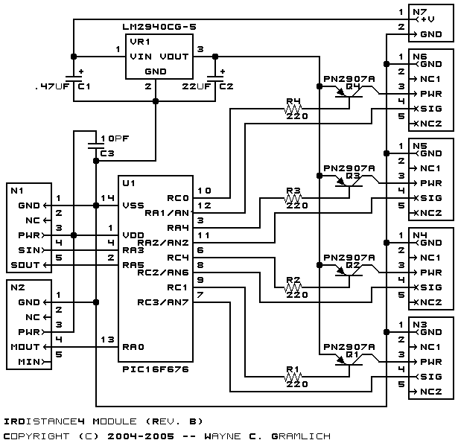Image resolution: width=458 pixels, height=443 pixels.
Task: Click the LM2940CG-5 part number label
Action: pos(159,27)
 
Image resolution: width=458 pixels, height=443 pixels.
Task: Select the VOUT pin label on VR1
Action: pos(174,57)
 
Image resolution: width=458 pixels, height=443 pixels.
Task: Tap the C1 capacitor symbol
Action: pos(74,78)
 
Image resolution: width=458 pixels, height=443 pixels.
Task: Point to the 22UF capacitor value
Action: pos(197,86)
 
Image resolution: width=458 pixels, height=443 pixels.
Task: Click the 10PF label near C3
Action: pos(115,138)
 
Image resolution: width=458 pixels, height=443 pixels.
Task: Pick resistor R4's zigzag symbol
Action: pos(293,109)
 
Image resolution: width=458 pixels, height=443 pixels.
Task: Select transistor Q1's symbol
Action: pos(349,361)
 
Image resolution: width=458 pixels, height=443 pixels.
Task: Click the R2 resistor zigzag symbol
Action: pos(293,287)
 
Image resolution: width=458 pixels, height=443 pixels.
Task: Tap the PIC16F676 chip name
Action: pos(156,369)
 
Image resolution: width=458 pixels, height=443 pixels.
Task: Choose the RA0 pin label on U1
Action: pos(133,347)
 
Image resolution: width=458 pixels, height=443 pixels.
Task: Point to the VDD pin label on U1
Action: pos(133,235)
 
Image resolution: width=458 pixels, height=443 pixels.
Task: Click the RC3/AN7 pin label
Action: pos(163,302)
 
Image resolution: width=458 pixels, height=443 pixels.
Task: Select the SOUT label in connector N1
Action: pos(25,265)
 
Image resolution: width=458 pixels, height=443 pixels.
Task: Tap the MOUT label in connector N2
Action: pos(25,347)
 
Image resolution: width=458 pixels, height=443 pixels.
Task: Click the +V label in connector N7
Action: pos(427,19)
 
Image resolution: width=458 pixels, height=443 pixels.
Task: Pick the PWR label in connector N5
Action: pos(431,183)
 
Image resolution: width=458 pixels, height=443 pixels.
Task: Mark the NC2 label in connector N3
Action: pos(431,392)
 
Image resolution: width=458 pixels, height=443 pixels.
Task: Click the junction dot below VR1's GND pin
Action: pos(156,101)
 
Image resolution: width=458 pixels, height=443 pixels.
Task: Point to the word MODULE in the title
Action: pos(115,421)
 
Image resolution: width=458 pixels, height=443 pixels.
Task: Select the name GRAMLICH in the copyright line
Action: pos(301,436)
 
